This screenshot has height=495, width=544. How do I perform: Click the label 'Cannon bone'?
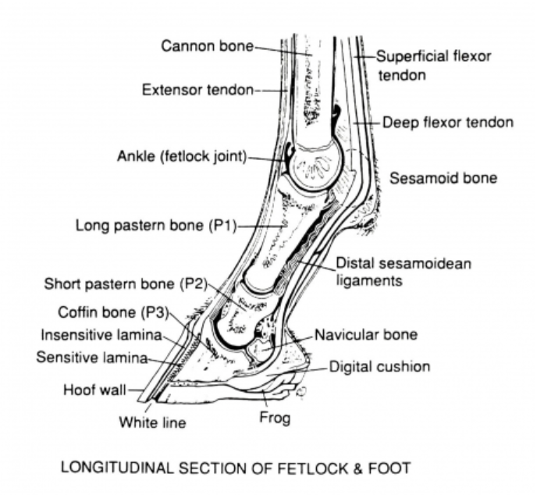tap(207, 46)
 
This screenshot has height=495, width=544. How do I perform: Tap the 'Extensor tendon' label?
tap(197, 91)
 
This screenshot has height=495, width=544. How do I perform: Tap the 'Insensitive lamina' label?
tap(98, 336)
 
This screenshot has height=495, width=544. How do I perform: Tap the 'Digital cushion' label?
tap(379, 365)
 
